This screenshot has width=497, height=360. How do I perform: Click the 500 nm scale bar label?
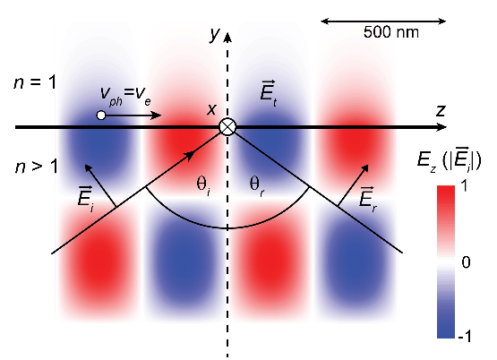pos(390,32)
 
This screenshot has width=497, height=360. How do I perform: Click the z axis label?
pos(441,111)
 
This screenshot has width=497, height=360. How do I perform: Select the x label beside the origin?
pos(211,109)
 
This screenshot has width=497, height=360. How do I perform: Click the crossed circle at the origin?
pos(227,127)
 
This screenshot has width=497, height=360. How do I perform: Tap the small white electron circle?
pos(101,116)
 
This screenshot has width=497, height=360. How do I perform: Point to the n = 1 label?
pos(35,82)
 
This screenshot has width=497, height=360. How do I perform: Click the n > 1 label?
pos(37,167)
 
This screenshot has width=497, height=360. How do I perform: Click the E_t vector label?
pos(268,91)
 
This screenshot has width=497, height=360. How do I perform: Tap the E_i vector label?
pos(86,199)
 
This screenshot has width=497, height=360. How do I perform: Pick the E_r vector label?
pos(368,199)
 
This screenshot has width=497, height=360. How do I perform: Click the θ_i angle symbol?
pos(203,184)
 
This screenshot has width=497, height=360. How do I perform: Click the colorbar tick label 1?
pos(464,186)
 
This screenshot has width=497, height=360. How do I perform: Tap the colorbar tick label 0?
pos(466,262)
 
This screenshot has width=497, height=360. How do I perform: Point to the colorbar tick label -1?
pos(465,336)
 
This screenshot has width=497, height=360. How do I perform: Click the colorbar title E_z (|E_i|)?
pos(450,161)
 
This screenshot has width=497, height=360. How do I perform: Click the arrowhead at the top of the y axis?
pos(227,37)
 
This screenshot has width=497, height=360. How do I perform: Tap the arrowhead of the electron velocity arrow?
pos(156,116)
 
